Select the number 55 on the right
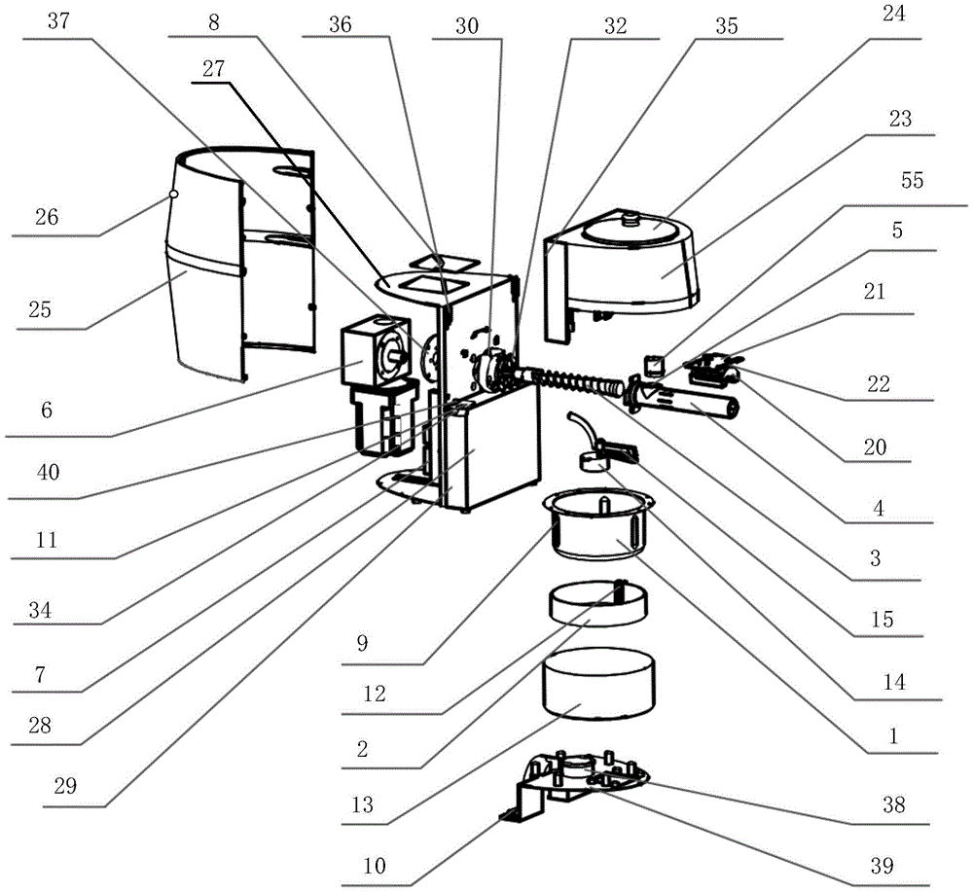point(913,181)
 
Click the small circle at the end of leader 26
point(173,195)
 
